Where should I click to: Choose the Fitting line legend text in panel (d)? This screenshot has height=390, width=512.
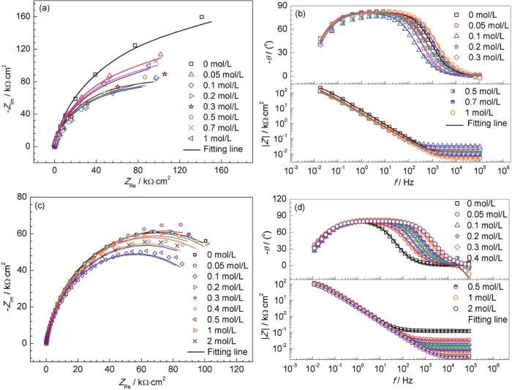476,319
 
